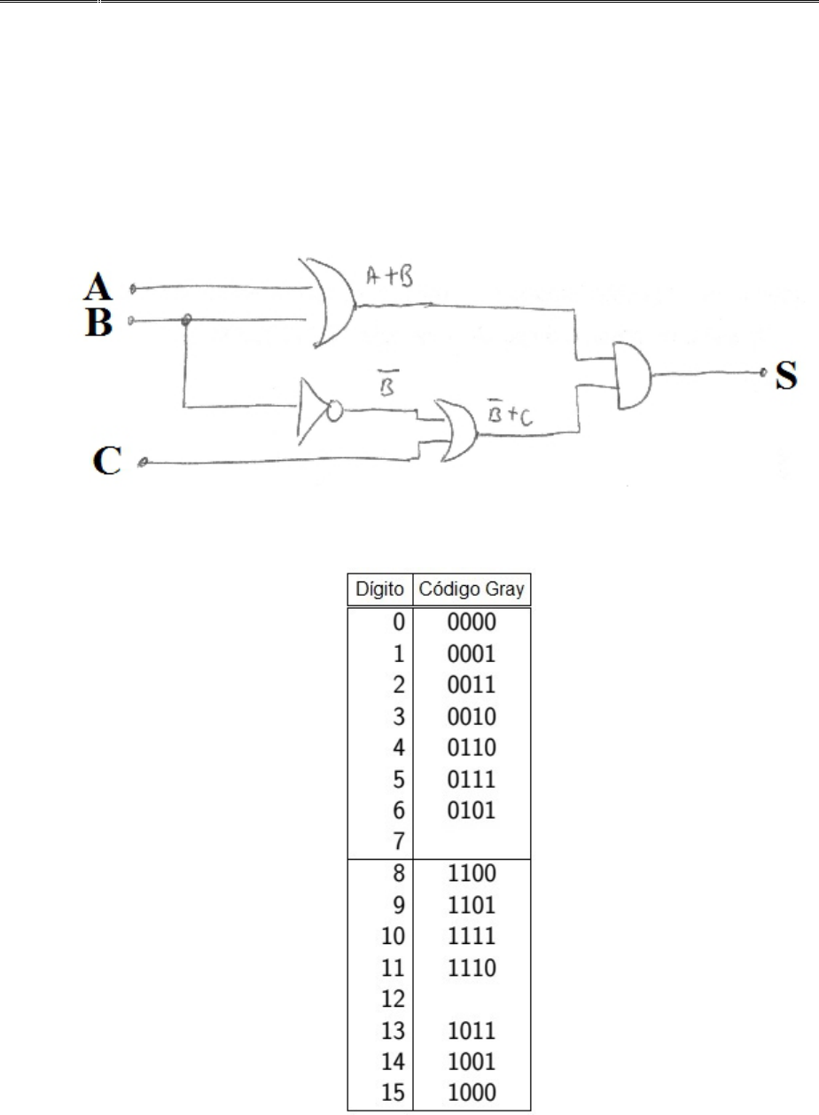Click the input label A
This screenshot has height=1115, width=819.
tap(97, 286)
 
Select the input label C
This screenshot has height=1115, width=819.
tap(106, 460)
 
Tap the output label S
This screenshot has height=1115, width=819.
tap(786, 374)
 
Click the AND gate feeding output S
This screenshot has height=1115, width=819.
tap(633, 376)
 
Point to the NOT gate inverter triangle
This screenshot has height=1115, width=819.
tap(312, 411)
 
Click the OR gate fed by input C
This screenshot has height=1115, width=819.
tap(457, 431)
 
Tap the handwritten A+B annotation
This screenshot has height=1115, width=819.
tap(390, 277)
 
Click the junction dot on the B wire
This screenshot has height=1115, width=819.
tap(186, 320)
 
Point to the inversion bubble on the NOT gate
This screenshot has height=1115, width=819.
tap(335, 411)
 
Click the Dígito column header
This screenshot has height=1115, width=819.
tap(379, 589)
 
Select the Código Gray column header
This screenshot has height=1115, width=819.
tap(472, 589)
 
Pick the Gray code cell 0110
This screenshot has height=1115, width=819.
tap(472, 748)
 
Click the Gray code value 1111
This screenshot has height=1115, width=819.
tap(472, 936)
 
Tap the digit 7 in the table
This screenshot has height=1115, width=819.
tap(399, 842)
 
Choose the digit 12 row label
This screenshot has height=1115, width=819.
tap(394, 999)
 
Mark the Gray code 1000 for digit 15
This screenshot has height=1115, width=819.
tap(472, 1093)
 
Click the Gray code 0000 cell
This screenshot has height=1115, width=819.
tap(472, 622)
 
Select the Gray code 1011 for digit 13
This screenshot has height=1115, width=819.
tap(472, 1031)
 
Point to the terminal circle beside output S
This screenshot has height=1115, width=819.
tap(763, 372)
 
